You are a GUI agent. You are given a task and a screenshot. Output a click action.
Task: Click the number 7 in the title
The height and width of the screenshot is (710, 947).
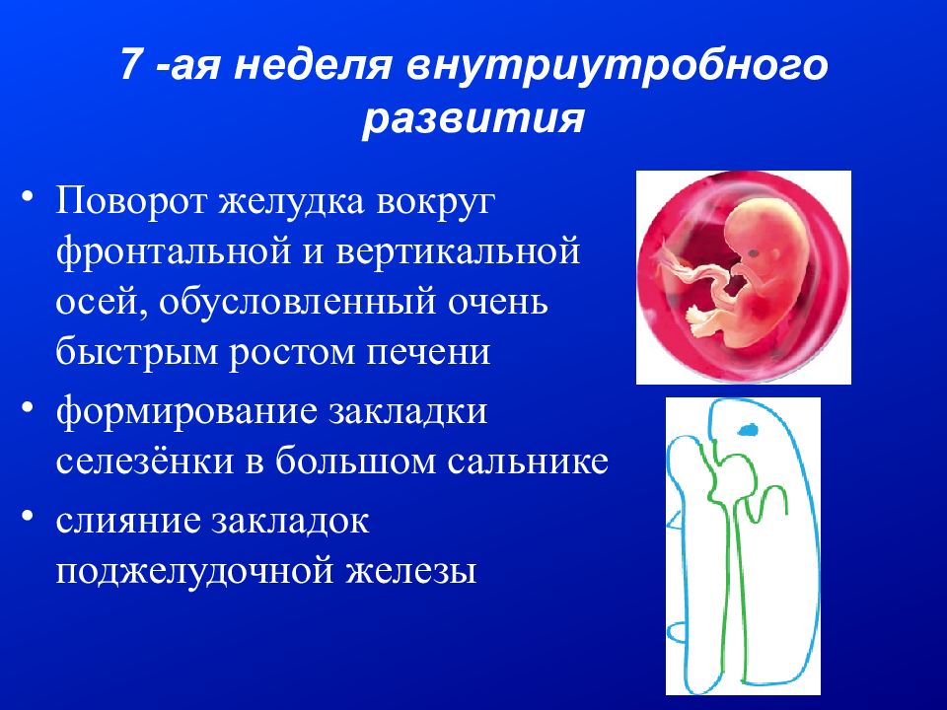coord(130,64)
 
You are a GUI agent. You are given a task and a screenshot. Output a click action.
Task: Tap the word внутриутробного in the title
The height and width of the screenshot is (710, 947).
coord(617,66)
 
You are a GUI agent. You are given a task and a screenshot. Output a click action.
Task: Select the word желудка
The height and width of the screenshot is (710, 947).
coord(290,202)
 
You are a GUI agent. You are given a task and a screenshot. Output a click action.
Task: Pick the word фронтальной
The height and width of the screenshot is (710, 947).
coord(175,252)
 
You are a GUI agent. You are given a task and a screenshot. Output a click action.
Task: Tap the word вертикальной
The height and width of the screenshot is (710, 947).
coord(459,251)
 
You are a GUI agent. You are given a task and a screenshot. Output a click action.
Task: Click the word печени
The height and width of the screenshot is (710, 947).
coord(429,352)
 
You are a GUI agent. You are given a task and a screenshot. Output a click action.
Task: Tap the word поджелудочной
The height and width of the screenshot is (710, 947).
coord(195,572)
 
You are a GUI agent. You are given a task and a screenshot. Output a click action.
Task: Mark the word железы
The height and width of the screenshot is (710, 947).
coord(411,572)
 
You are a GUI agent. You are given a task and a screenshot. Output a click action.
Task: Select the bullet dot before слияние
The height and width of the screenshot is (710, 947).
coord(28,518)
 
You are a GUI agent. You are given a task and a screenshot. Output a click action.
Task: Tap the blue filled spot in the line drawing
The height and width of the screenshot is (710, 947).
coord(748,429)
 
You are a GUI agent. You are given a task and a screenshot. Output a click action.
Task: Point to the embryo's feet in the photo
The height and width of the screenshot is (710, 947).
coord(700,322)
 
